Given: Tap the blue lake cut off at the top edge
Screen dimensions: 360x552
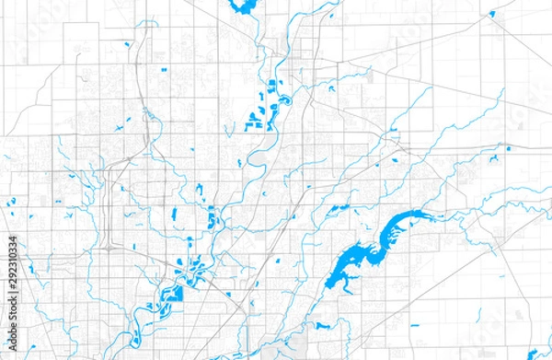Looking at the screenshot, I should coord(245,7).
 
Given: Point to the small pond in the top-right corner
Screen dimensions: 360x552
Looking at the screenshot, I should coord(492,13).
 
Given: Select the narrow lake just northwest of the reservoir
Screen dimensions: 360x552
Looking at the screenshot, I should coord(340,211).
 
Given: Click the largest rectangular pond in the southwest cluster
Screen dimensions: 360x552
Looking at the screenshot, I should coord(171,296).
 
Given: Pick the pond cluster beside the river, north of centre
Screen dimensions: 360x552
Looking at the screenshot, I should coord(268,104).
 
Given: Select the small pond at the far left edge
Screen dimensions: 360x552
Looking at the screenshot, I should coord(11,203).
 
